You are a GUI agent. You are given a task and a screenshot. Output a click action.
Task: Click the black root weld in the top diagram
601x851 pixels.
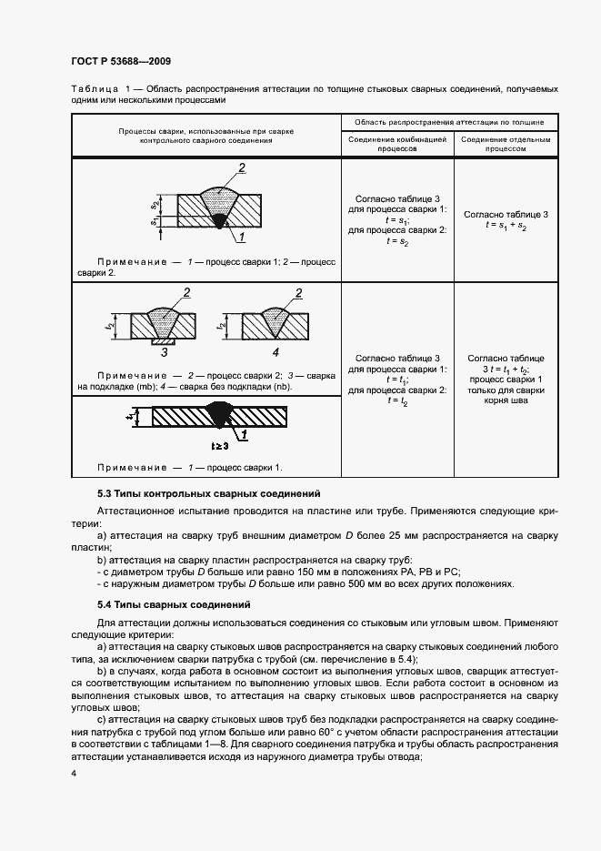click(220, 219)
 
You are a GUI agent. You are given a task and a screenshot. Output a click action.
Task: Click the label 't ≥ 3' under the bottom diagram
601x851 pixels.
click(220, 447)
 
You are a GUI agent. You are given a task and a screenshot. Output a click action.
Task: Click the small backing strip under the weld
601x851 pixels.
click(165, 339)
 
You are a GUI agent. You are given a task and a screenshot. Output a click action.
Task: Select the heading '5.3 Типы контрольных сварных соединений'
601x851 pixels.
click(195, 492)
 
